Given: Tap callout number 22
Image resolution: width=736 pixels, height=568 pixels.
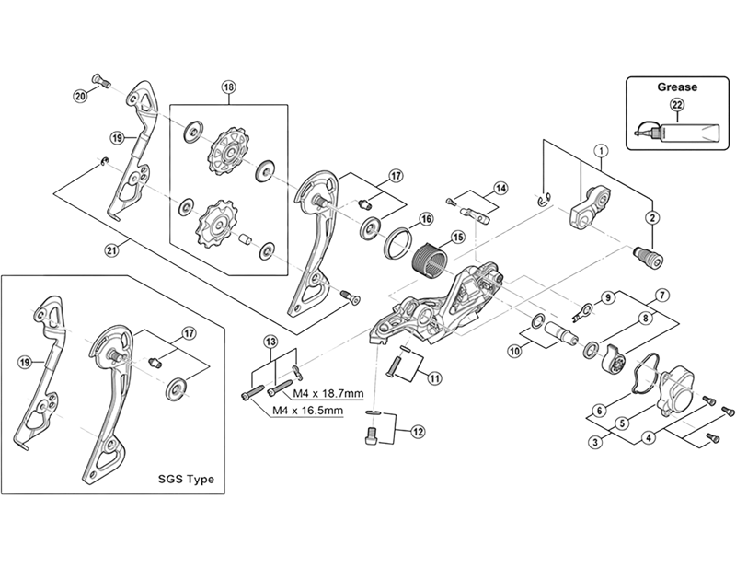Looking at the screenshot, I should point(677,106).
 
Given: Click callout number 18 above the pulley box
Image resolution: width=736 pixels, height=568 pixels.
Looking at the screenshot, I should point(228,87).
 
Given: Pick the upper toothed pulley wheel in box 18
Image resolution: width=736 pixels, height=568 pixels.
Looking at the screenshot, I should point(223,151).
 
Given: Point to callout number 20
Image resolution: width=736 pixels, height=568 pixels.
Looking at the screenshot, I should point(80,95).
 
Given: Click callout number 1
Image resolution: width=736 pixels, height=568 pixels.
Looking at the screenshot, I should point(600,150).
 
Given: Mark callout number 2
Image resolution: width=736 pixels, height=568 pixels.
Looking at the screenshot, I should point(652,217).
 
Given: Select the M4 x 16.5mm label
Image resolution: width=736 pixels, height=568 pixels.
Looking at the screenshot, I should point(306,411).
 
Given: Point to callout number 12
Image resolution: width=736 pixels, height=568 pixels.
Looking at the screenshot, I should point(419,429).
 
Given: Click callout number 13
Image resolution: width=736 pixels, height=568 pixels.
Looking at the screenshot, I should point(270,342).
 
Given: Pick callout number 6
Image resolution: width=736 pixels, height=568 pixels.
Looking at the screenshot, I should point(599,411).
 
